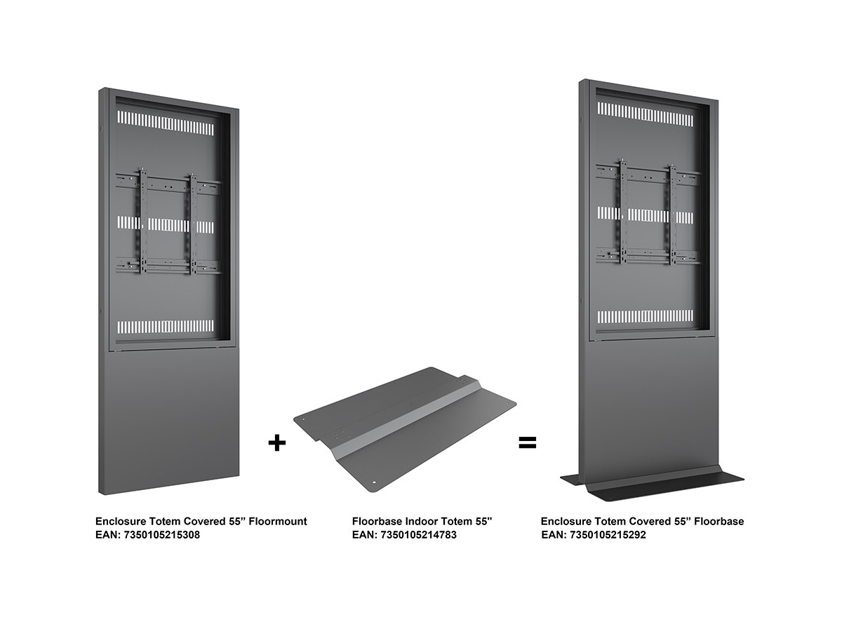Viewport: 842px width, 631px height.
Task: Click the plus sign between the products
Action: tap(276, 443)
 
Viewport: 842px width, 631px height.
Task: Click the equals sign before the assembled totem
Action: tap(528, 443)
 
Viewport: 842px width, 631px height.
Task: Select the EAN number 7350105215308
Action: tap(161, 535)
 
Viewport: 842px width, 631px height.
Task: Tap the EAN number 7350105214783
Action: tap(418, 535)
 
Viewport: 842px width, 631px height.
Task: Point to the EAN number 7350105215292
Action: tap(608, 535)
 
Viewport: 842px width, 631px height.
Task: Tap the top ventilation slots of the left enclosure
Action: tap(166, 123)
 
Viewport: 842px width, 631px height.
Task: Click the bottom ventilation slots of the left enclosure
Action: tap(166, 327)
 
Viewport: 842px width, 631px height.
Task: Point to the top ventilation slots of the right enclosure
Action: tap(646, 114)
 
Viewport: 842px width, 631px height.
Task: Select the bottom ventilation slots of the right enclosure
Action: tap(646, 316)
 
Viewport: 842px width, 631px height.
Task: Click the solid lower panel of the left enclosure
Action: tap(169, 421)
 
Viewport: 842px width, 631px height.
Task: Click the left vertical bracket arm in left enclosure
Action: tap(143, 222)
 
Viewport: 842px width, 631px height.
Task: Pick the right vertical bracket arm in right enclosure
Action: tap(672, 215)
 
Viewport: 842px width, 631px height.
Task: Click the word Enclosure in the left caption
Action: tap(119, 522)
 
